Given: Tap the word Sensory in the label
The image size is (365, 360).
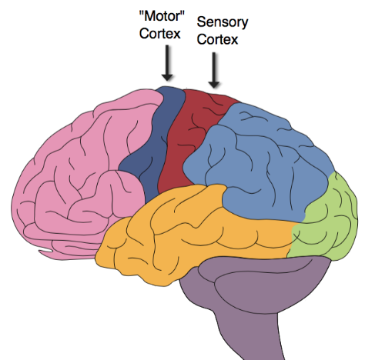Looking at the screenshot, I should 222,24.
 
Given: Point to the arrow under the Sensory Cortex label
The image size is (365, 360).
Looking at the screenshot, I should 215,71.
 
